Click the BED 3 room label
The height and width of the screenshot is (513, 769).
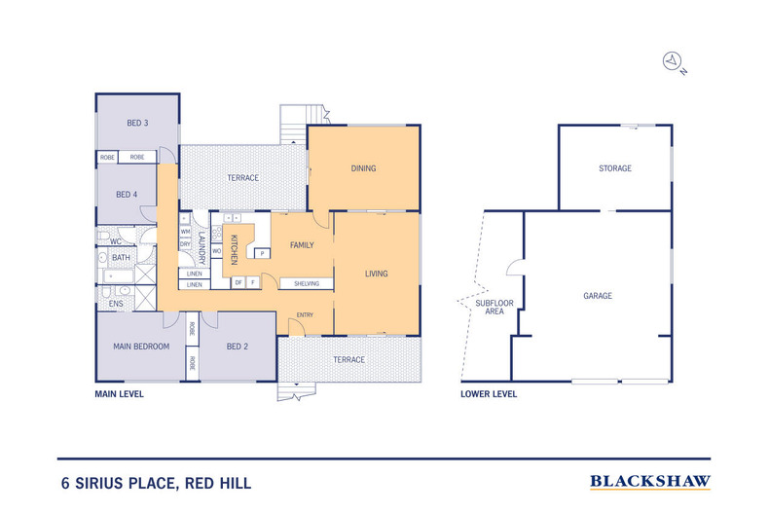click(x=137, y=123)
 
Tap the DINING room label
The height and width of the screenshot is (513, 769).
click(x=363, y=168)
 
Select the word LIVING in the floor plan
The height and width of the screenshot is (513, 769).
click(x=376, y=274)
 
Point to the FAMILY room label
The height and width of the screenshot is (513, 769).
click(x=302, y=245)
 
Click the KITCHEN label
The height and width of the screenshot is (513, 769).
click(x=234, y=249)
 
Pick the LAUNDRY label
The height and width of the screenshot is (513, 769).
click(x=201, y=247)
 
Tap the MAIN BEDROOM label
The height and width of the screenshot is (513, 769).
click(x=141, y=347)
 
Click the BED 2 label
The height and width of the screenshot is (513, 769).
click(x=238, y=347)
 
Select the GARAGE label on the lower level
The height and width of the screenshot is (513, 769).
click(x=598, y=296)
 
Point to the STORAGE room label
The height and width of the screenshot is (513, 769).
click(x=615, y=168)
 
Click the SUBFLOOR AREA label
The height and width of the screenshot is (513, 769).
click(x=494, y=307)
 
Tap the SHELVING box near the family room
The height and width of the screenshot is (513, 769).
click(x=307, y=284)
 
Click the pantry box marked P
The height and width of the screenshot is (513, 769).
click(x=263, y=253)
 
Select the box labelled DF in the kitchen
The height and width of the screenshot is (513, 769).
click(x=238, y=282)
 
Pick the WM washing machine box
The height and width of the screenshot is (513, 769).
click(x=185, y=232)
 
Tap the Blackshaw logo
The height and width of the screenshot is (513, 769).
click(x=650, y=482)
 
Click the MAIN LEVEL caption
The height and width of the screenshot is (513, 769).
click(x=119, y=394)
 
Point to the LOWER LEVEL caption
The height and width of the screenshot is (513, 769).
click(x=489, y=394)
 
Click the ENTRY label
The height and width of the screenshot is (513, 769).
click(x=305, y=314)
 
